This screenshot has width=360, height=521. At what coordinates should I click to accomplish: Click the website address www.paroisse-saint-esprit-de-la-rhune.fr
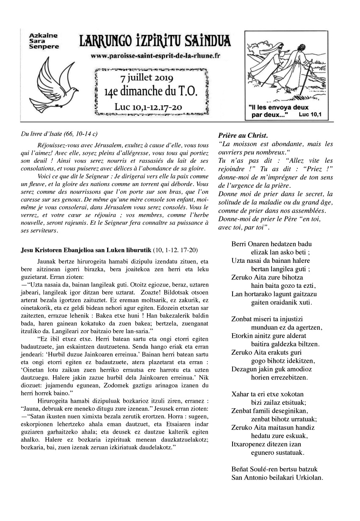[155, 56]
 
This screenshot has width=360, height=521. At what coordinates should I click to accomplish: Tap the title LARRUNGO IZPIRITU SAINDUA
[155, 41]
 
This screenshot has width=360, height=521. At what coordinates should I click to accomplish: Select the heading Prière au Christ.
[243, 136]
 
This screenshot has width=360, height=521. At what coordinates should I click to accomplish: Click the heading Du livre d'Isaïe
[59, 134]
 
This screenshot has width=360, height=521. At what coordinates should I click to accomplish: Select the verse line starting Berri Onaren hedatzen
[271, 244]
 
